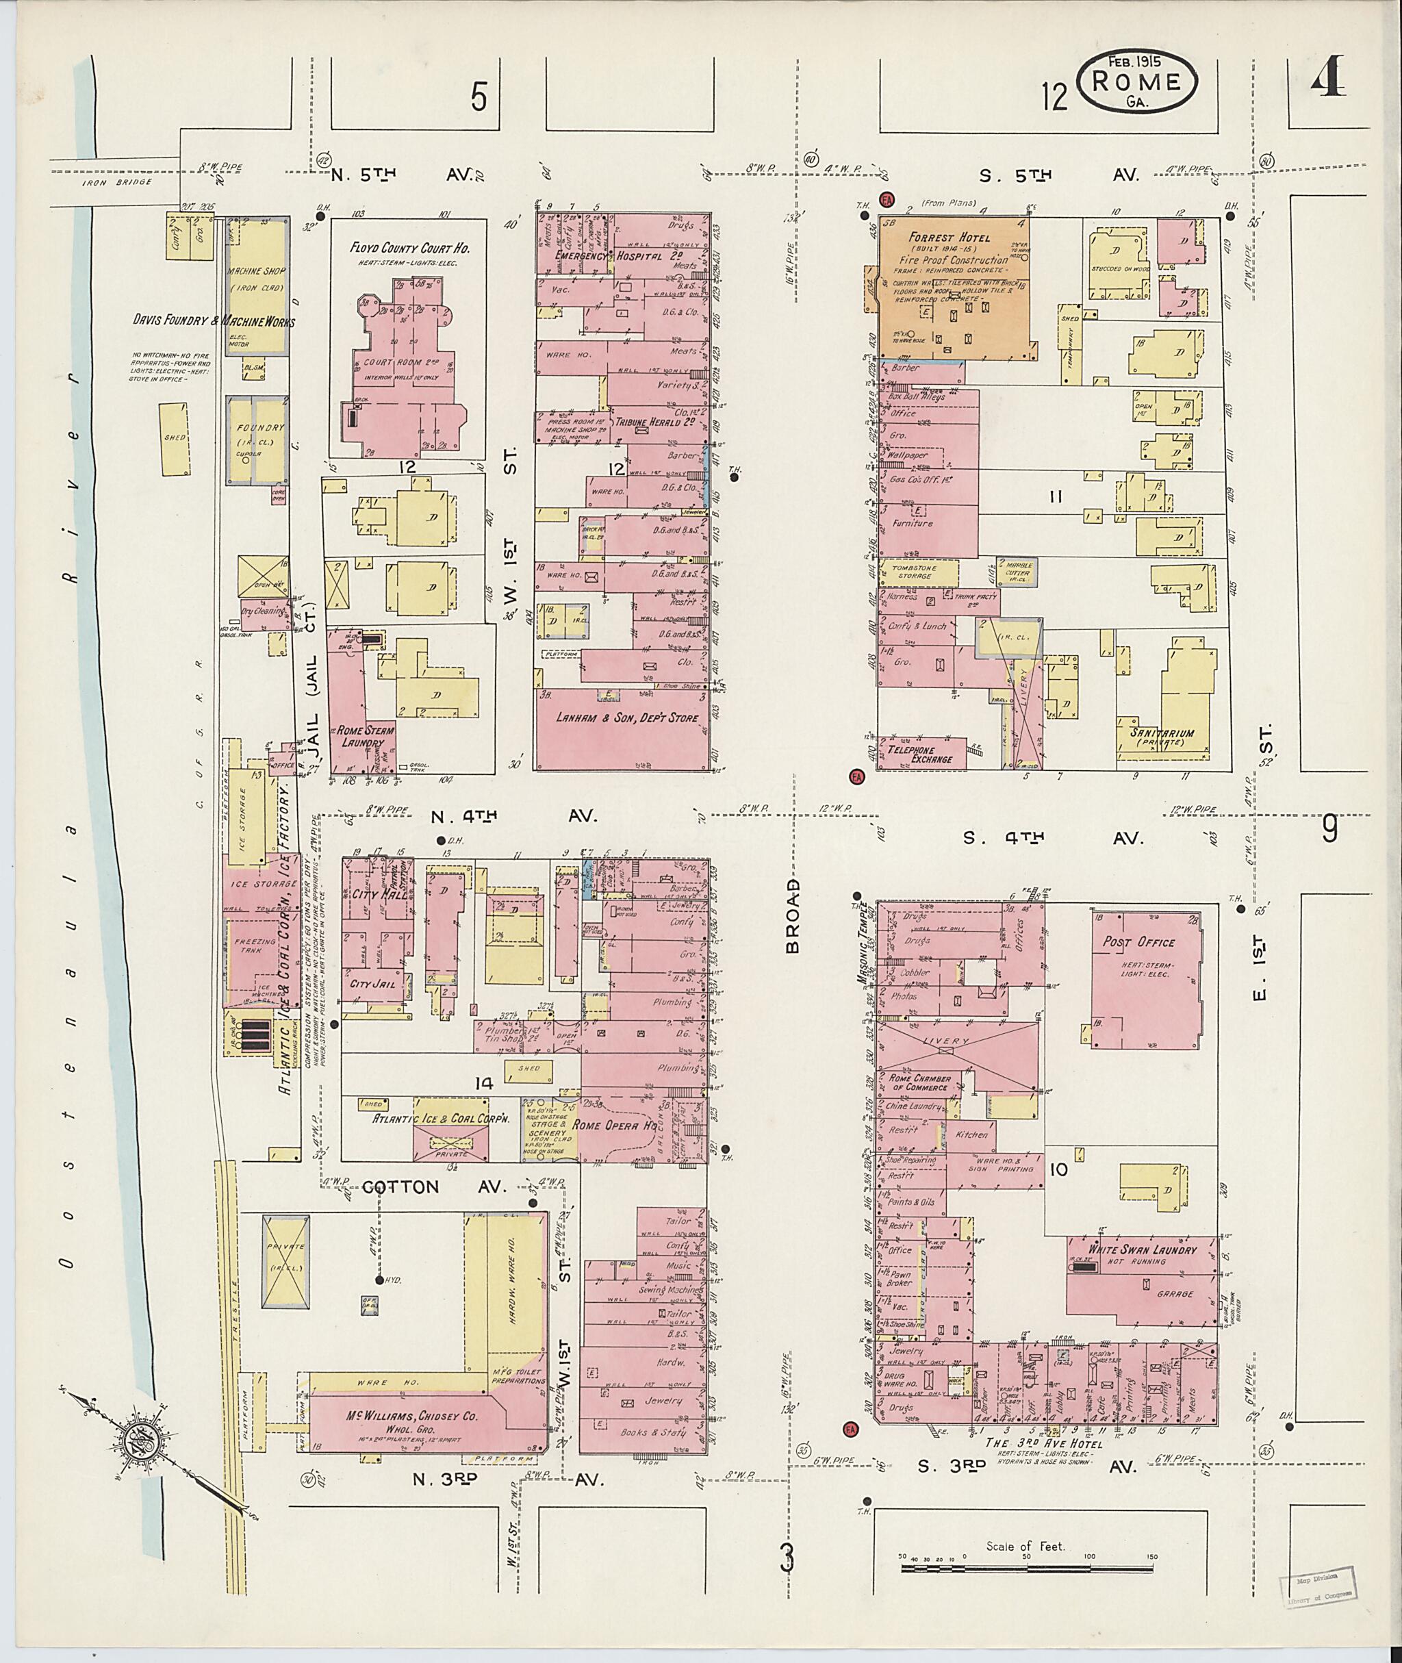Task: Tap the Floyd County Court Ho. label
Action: pos(410,249)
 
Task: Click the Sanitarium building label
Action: pos(1167,735)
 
